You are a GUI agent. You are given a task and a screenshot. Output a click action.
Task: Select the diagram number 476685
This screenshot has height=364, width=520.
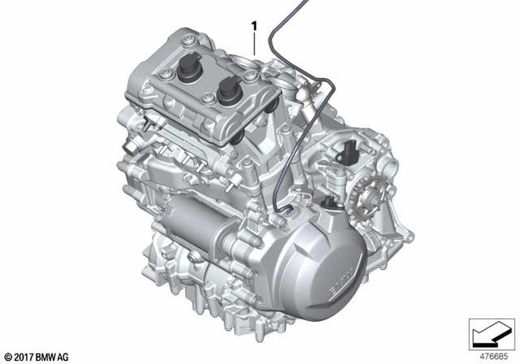click(x=488, y=355)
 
